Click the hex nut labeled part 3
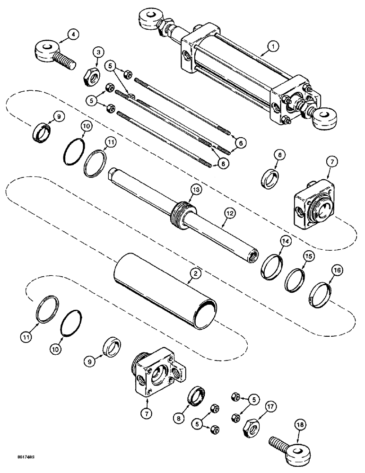coord(88,74)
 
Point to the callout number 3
coord(98,52)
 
